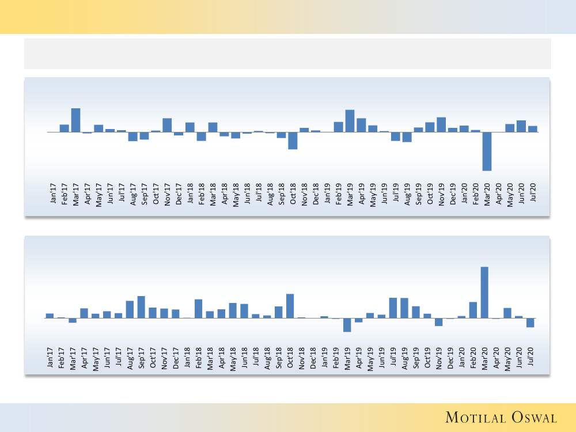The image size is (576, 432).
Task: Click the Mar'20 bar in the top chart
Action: coord(487,151)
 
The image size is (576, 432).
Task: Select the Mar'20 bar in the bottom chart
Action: coord(484,292)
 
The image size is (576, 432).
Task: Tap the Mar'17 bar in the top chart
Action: coord(75,120)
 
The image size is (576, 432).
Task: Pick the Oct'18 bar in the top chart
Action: coord(293,141)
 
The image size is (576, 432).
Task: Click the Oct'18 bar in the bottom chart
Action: coord(290,306)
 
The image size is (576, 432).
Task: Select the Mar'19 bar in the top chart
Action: coord(350,121)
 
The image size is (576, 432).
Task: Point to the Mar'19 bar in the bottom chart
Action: coord(347,325)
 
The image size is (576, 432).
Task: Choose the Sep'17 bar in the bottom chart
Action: coord(141,307)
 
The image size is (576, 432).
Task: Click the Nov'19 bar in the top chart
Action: coord(441,124)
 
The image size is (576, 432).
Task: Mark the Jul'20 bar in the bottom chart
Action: coord(530,323)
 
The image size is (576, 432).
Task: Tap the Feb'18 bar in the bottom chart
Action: coord(198,309)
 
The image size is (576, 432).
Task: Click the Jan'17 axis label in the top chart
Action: coord(54,193)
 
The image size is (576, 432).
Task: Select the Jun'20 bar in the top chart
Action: coord(521,126)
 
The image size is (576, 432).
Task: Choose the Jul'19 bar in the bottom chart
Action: coord(393,308)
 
